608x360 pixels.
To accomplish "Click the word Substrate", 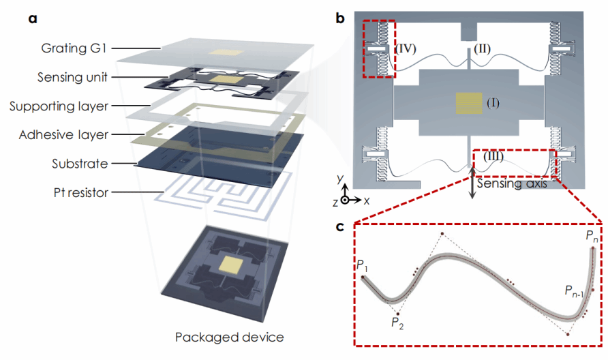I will point(80,164).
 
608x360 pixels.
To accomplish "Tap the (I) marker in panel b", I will point(493,103).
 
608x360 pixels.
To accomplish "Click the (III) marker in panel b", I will point(493,157).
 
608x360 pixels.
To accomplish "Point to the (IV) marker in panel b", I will point(408,49).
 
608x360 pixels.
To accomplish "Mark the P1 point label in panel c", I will point(362,265).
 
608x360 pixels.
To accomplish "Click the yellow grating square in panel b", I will point(468,104).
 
